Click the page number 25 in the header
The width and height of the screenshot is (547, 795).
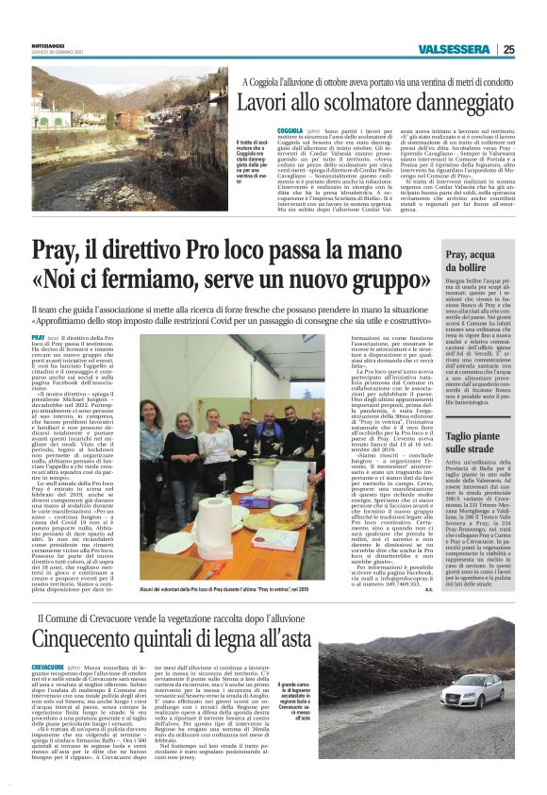tap(535, 50)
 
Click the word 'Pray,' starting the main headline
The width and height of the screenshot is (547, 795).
tap(60, 248)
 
